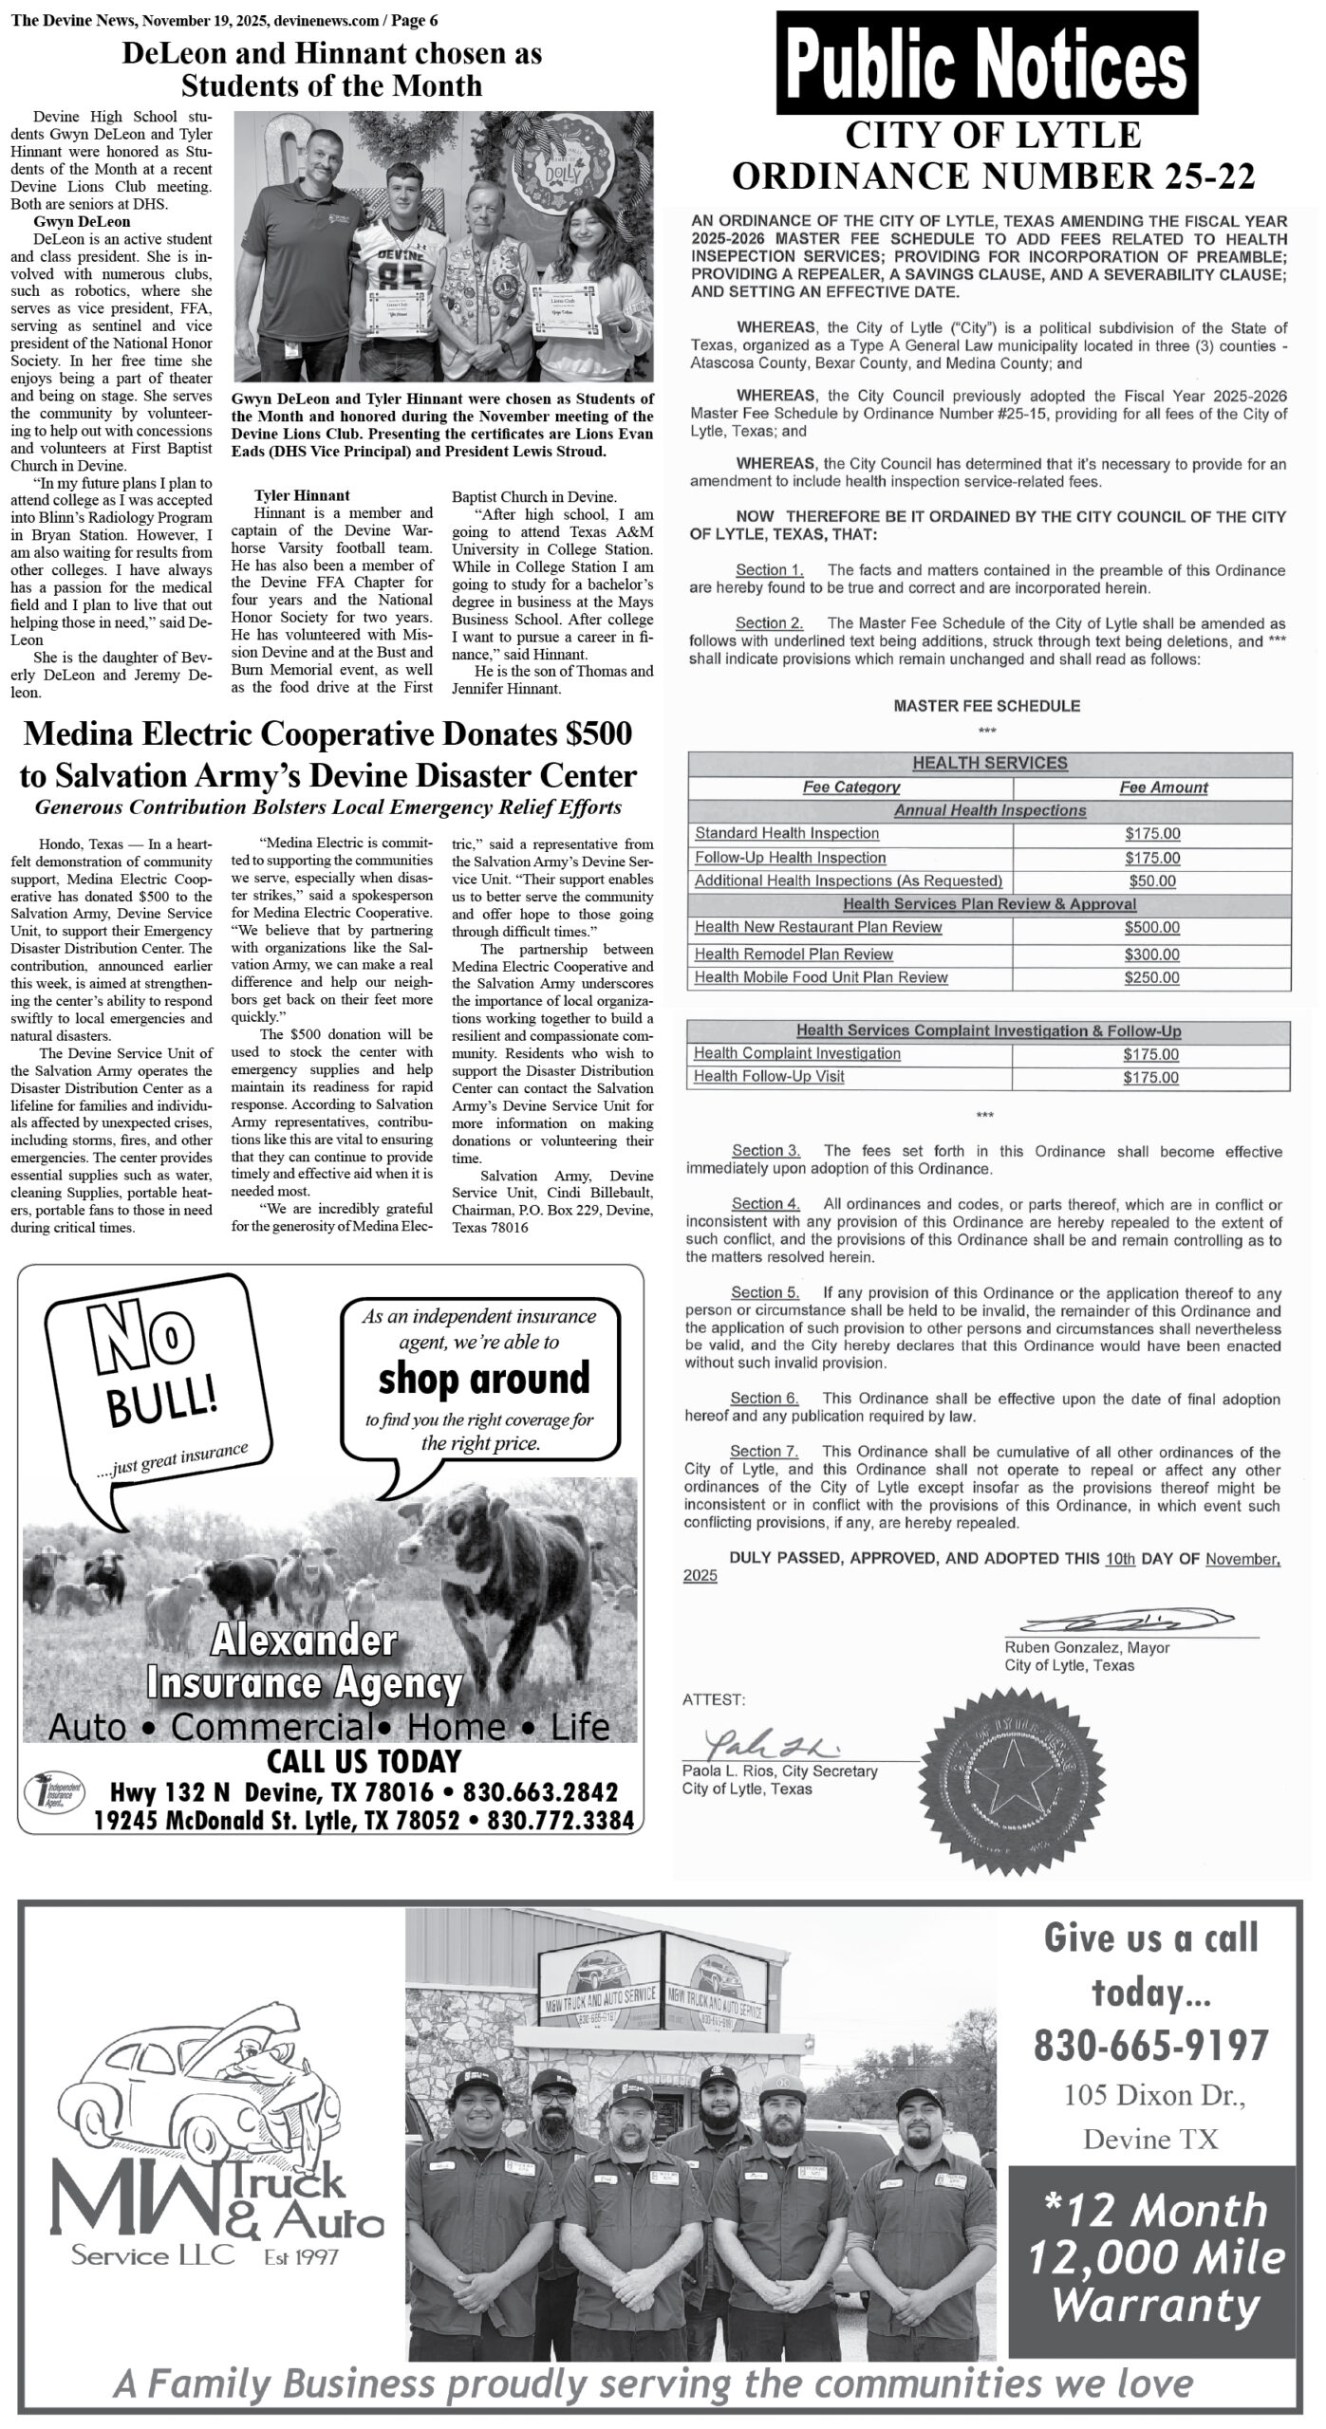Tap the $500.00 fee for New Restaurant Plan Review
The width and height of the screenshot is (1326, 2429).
pos(1151,928)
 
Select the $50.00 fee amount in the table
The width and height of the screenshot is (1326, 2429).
pos(1151,881)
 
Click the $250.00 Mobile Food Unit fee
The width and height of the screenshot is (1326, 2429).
pos(1151,978)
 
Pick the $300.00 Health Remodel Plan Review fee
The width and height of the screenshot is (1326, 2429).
pos(1151,955)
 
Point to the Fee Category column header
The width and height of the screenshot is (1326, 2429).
pos(850,788)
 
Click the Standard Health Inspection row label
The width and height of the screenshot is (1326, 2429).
pos(787,834)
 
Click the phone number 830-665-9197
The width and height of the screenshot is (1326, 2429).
pos(1150,2042)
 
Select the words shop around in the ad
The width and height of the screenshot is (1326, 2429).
pos(484,1379)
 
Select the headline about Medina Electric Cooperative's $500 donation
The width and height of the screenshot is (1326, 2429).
pos(327,755)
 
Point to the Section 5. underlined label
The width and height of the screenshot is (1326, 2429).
pos(765,1292)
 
